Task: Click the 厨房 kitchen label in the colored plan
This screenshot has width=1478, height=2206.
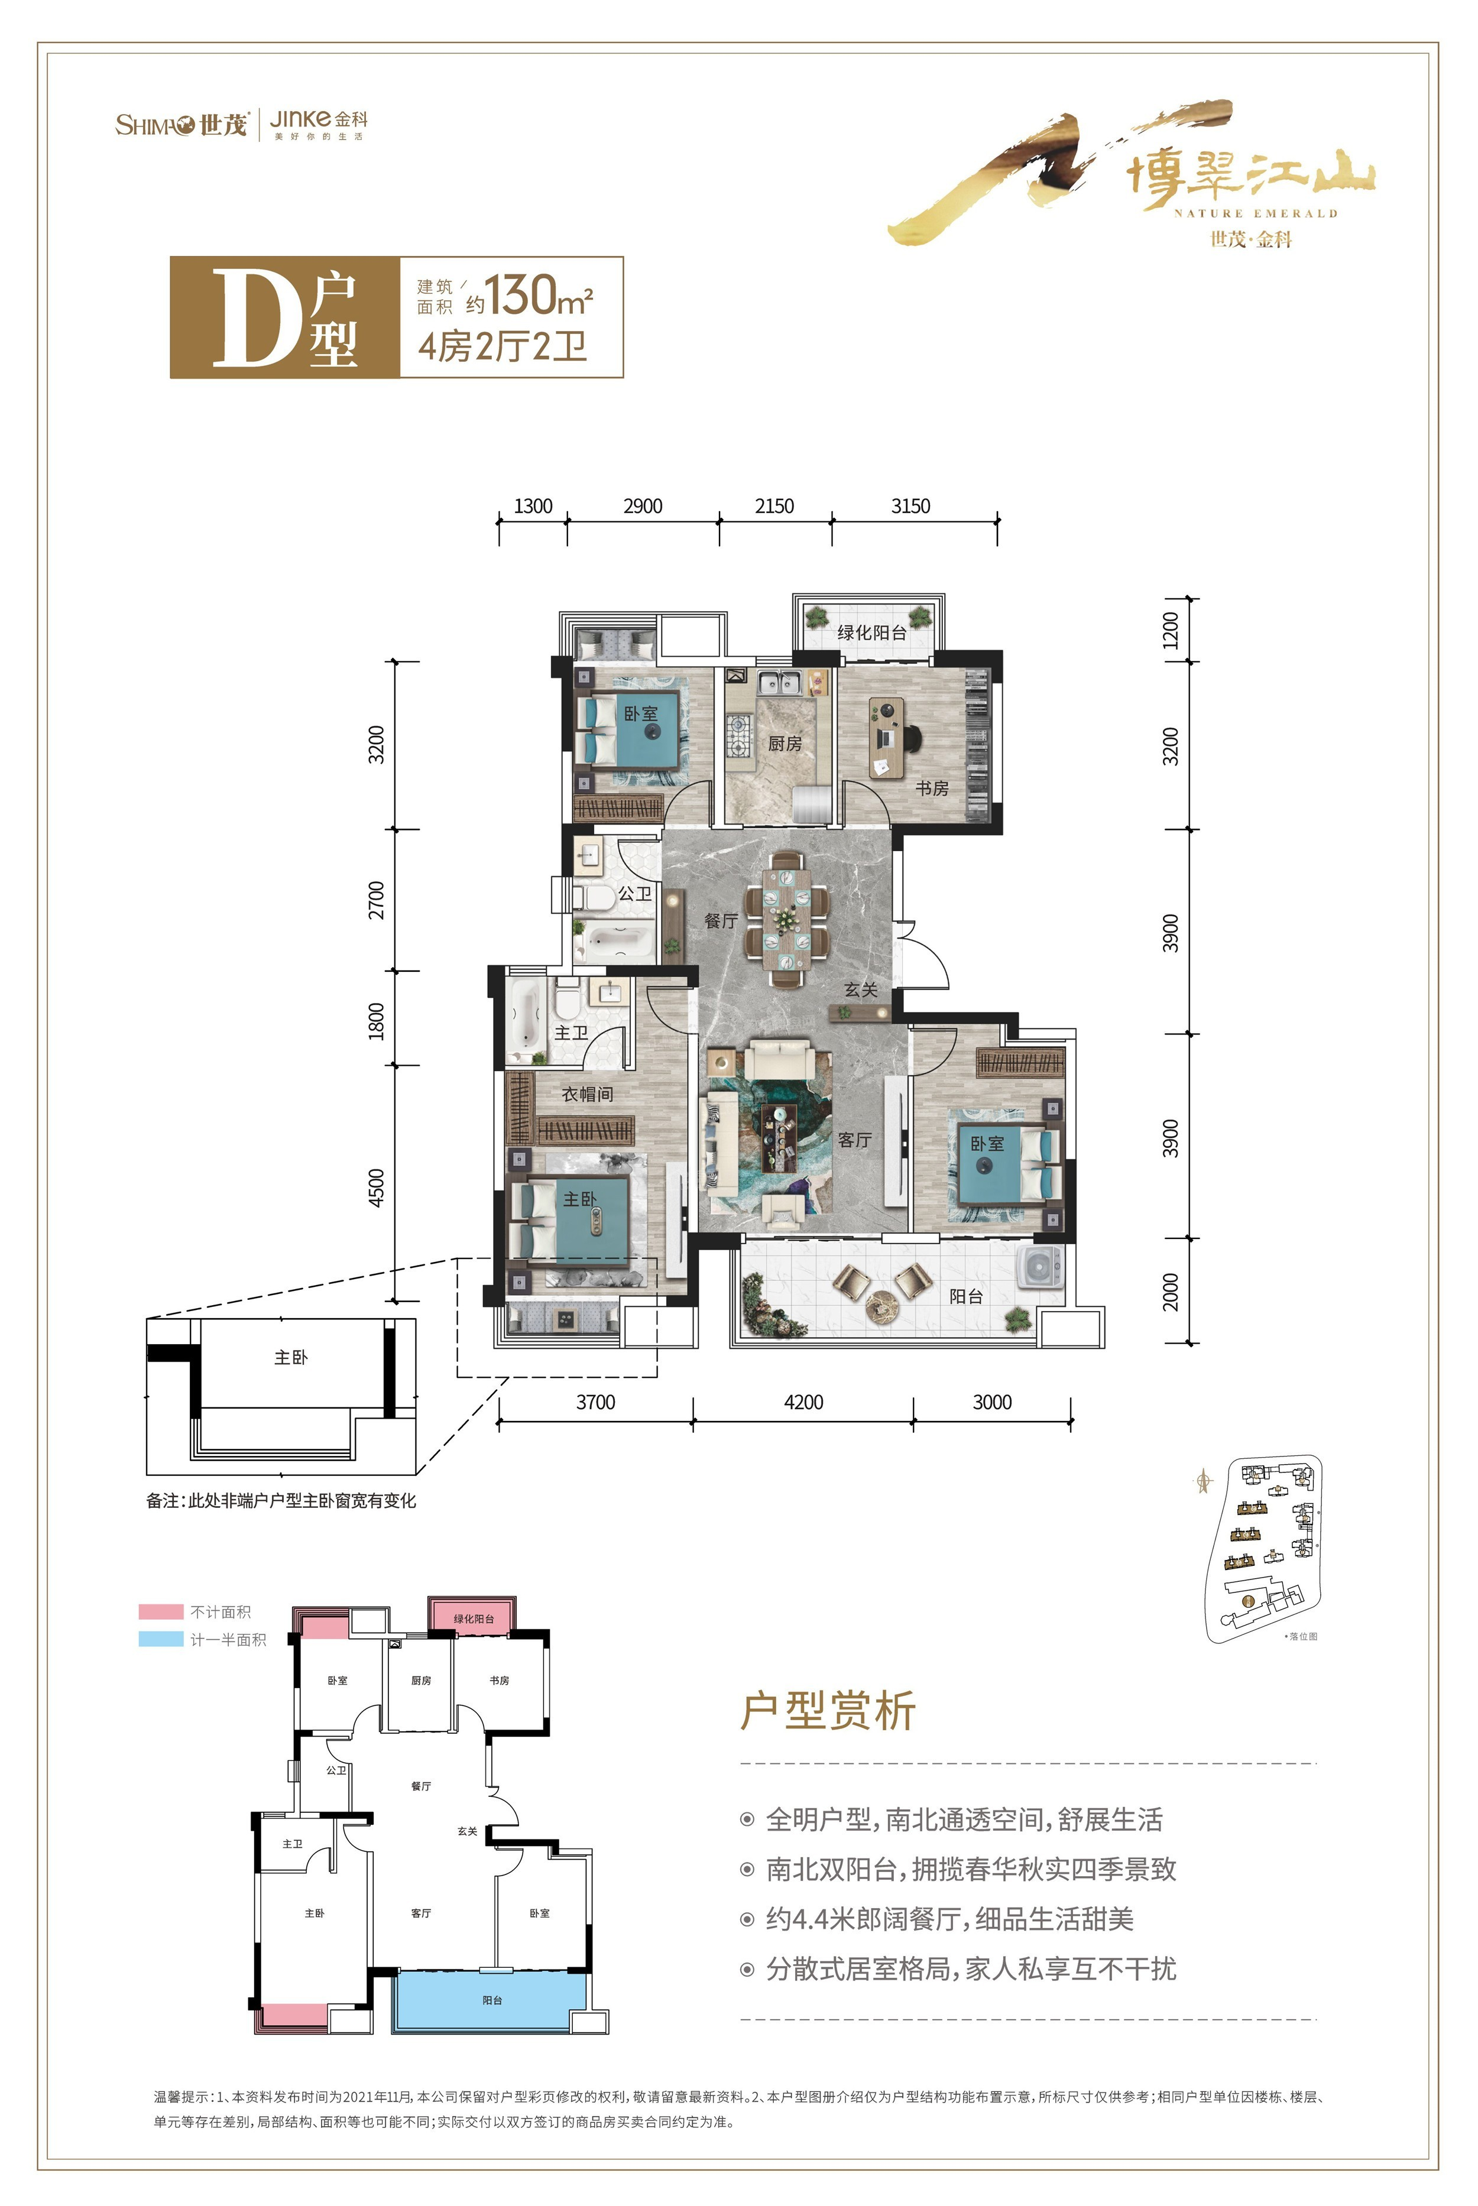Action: (x=785, y=744)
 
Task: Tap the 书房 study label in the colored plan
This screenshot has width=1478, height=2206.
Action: (x=932, y=788)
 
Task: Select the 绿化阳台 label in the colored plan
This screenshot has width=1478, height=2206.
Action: (x=872, y=632)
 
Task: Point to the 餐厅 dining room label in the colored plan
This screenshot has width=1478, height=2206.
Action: (x=721, y=920)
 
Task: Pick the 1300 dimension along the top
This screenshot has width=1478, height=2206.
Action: (x=533, y=506)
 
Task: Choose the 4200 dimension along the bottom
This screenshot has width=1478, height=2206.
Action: (x=803, y=1402)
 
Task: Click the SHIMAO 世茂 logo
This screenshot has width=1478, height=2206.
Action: (x=181, y=124)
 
